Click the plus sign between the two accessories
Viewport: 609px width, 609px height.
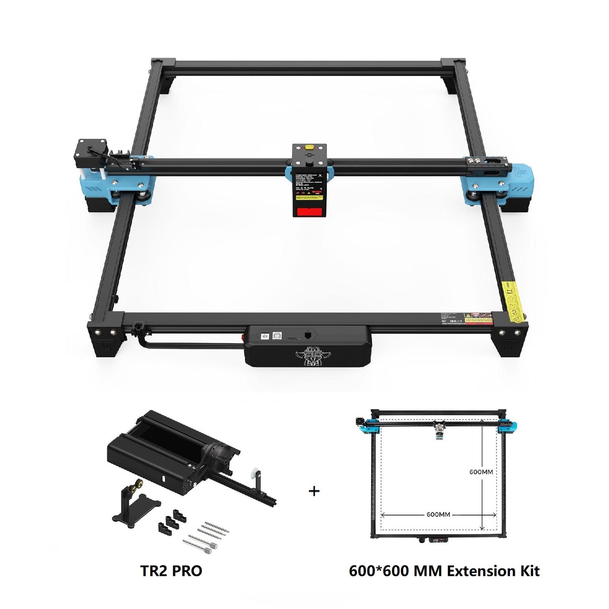tap(314, 491)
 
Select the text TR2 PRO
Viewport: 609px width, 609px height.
tap(171, 571)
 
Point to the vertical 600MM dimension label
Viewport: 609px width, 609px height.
tap(481, 472)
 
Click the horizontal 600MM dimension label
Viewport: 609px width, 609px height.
tap(438, 514)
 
